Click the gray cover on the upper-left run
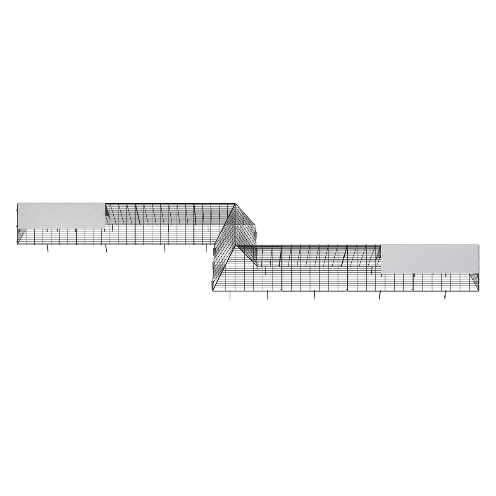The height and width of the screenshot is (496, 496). pos(61,215)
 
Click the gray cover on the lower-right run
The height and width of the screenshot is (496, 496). pos(430,258)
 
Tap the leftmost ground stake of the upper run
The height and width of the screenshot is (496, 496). pos(48,248)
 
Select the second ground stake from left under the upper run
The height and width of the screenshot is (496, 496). pos(106,248)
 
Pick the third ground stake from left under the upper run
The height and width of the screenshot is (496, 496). pos(165,248)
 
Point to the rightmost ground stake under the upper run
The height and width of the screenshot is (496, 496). pos(207,248)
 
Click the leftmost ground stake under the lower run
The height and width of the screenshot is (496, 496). pos(230,295)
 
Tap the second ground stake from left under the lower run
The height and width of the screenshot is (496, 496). pos(267,295)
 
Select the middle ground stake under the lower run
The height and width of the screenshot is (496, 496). pos(314,295)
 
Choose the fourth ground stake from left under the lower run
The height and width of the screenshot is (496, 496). pos(380,295)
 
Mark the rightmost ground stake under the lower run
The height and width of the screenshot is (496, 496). pos(445,295)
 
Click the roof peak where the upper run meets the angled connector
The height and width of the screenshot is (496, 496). pos(235,203)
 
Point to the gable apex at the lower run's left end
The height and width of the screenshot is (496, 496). pos(237,245)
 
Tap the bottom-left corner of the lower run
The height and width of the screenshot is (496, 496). pos(212,291)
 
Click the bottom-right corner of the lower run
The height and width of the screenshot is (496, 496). pos(479,291)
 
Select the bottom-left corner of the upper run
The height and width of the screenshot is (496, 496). pos(17,244)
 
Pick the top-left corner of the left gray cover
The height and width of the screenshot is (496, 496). pos(18,203)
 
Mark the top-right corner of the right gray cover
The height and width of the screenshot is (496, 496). pos(479,245)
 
